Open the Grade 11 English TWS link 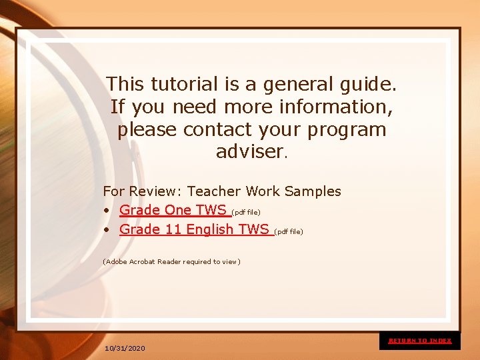tap(194, 229)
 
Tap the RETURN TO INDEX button tap(420, 341)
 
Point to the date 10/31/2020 tap(125, 349)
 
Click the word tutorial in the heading tap(185, 85)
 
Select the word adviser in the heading tap(249, 151)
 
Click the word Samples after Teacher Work tap(313, 191)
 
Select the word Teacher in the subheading tap(214, 191)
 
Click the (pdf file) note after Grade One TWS tap(245, 212)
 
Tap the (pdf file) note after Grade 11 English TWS tap(288, 231)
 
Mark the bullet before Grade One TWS tap(107, 211)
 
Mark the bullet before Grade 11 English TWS tap(107, 230)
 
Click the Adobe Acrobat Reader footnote tap(171, 261)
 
